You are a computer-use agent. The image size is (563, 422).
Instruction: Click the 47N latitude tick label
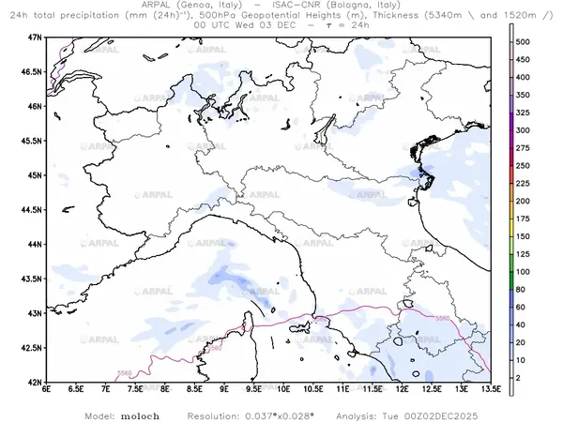click(x=35, y=37)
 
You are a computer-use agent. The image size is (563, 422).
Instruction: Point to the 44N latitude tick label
click(x=35, y=244)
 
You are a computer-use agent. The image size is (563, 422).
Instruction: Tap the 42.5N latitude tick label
click(x=32, y=348)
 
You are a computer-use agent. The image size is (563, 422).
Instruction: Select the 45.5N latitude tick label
click(x=32, y=141)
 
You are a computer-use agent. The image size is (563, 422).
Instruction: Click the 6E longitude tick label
click(x=46, y=389)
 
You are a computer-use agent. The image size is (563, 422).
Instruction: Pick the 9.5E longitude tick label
click(x=253, y=389)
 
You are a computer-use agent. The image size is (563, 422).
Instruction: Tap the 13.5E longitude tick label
click(x=490, y=389)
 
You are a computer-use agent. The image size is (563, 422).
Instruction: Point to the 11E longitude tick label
click(x=342, y=389)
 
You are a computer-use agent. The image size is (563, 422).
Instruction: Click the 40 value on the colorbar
click(x=525, y=324)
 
